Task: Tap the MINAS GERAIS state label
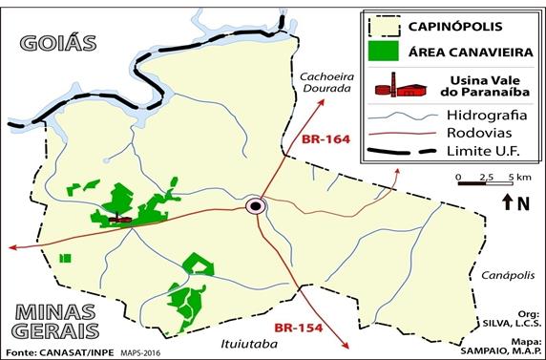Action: pyautogui.click(x=54, y=321)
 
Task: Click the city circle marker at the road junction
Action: pyautogui.click(x=256, y=205)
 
